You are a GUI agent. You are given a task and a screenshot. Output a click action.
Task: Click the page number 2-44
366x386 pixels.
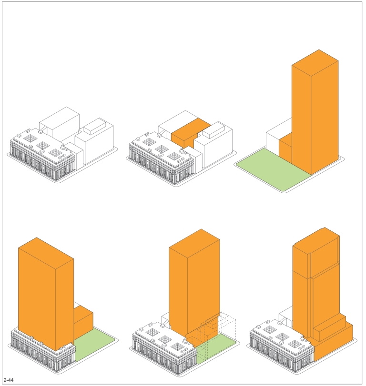[9, 380]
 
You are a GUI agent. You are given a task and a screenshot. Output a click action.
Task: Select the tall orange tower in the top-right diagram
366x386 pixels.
[315, 112]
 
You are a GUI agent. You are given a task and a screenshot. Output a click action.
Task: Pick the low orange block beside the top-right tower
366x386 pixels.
[285, 149]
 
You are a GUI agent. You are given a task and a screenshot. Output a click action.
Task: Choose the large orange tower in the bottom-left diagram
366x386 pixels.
[46, 294]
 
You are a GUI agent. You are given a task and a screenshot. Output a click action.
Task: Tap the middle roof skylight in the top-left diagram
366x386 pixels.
[42, 145]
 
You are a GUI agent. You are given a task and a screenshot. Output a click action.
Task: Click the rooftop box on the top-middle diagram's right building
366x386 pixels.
[213, 130]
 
